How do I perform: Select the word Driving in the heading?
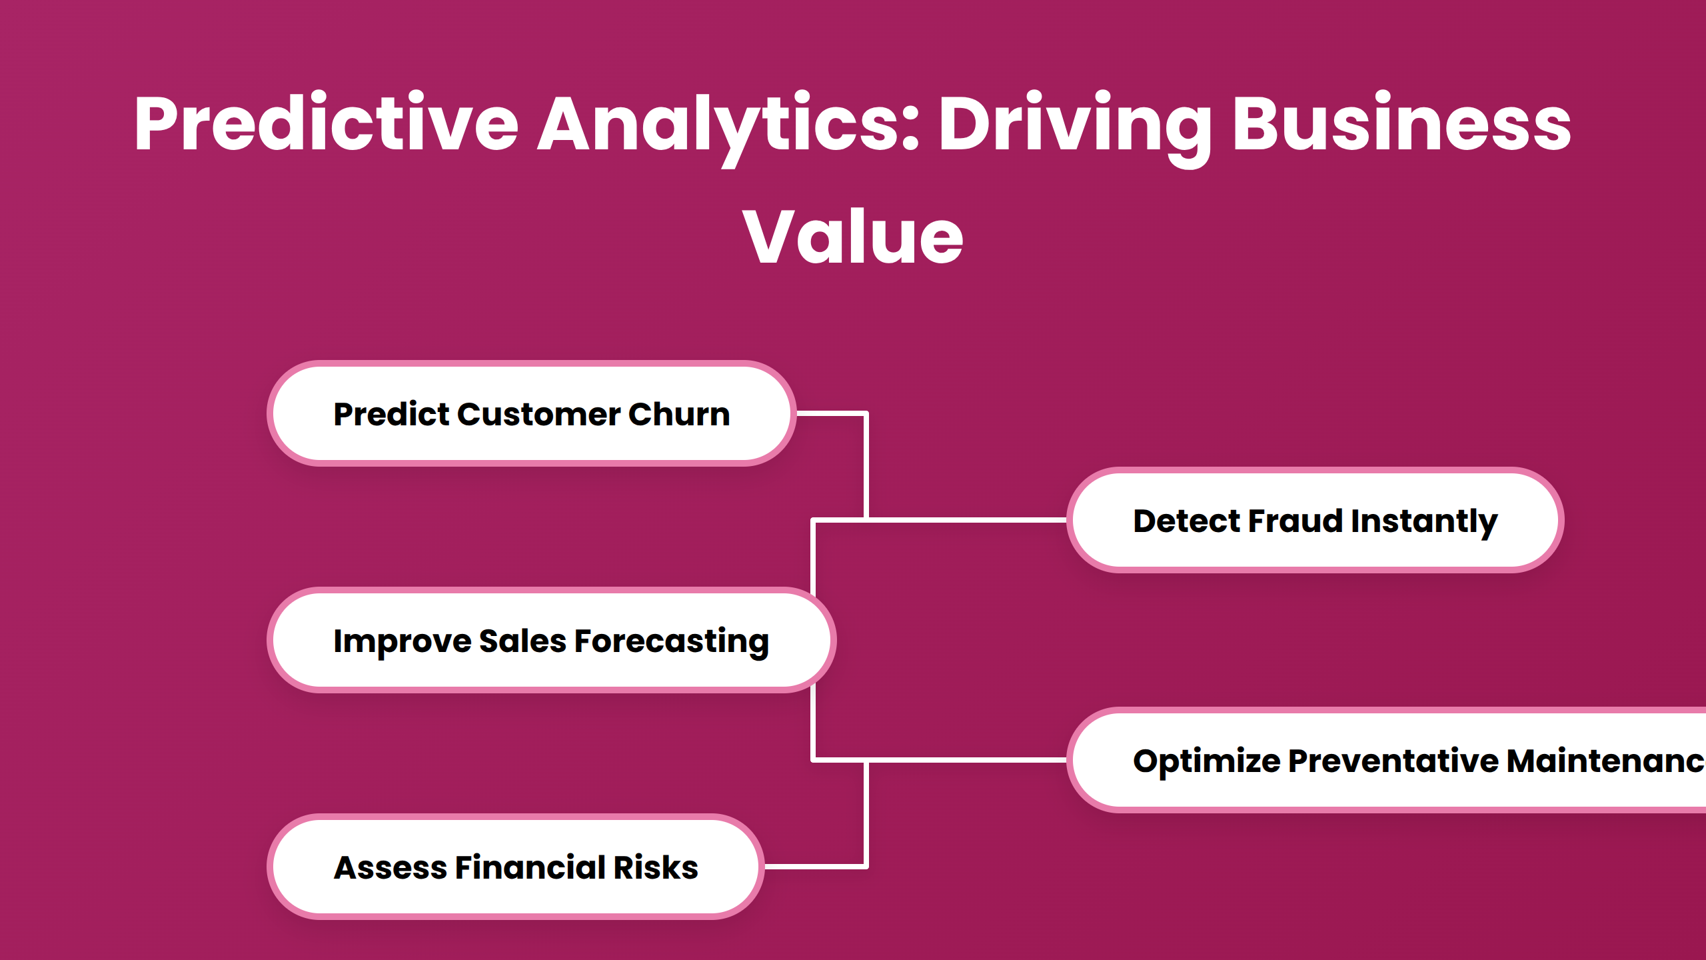coord(1076,127)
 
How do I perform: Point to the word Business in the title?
coord(1401,123)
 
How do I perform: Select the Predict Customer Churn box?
coord(532,413)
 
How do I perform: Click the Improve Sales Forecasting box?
coord(552,640)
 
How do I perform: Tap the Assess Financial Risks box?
coord(516,867)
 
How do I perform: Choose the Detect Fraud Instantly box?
coord(1315,520)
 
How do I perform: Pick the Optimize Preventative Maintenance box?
coord(1387,760)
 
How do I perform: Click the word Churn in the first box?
coord(679,414)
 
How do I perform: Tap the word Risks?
coord(656,867)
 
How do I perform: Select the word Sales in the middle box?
coord(523,641)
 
